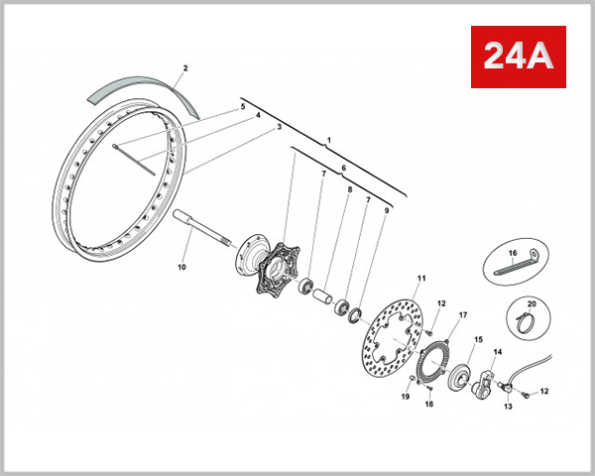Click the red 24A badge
(x=516, y=56)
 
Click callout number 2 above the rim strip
(x=184, y=68)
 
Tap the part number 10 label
(x=181, y=267)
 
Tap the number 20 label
(x=531, y=303)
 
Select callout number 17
(x=462, y=315)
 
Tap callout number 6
(x=343, y=168)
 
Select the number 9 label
(x=386, y=210)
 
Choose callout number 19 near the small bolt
(x=405, y=397)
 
